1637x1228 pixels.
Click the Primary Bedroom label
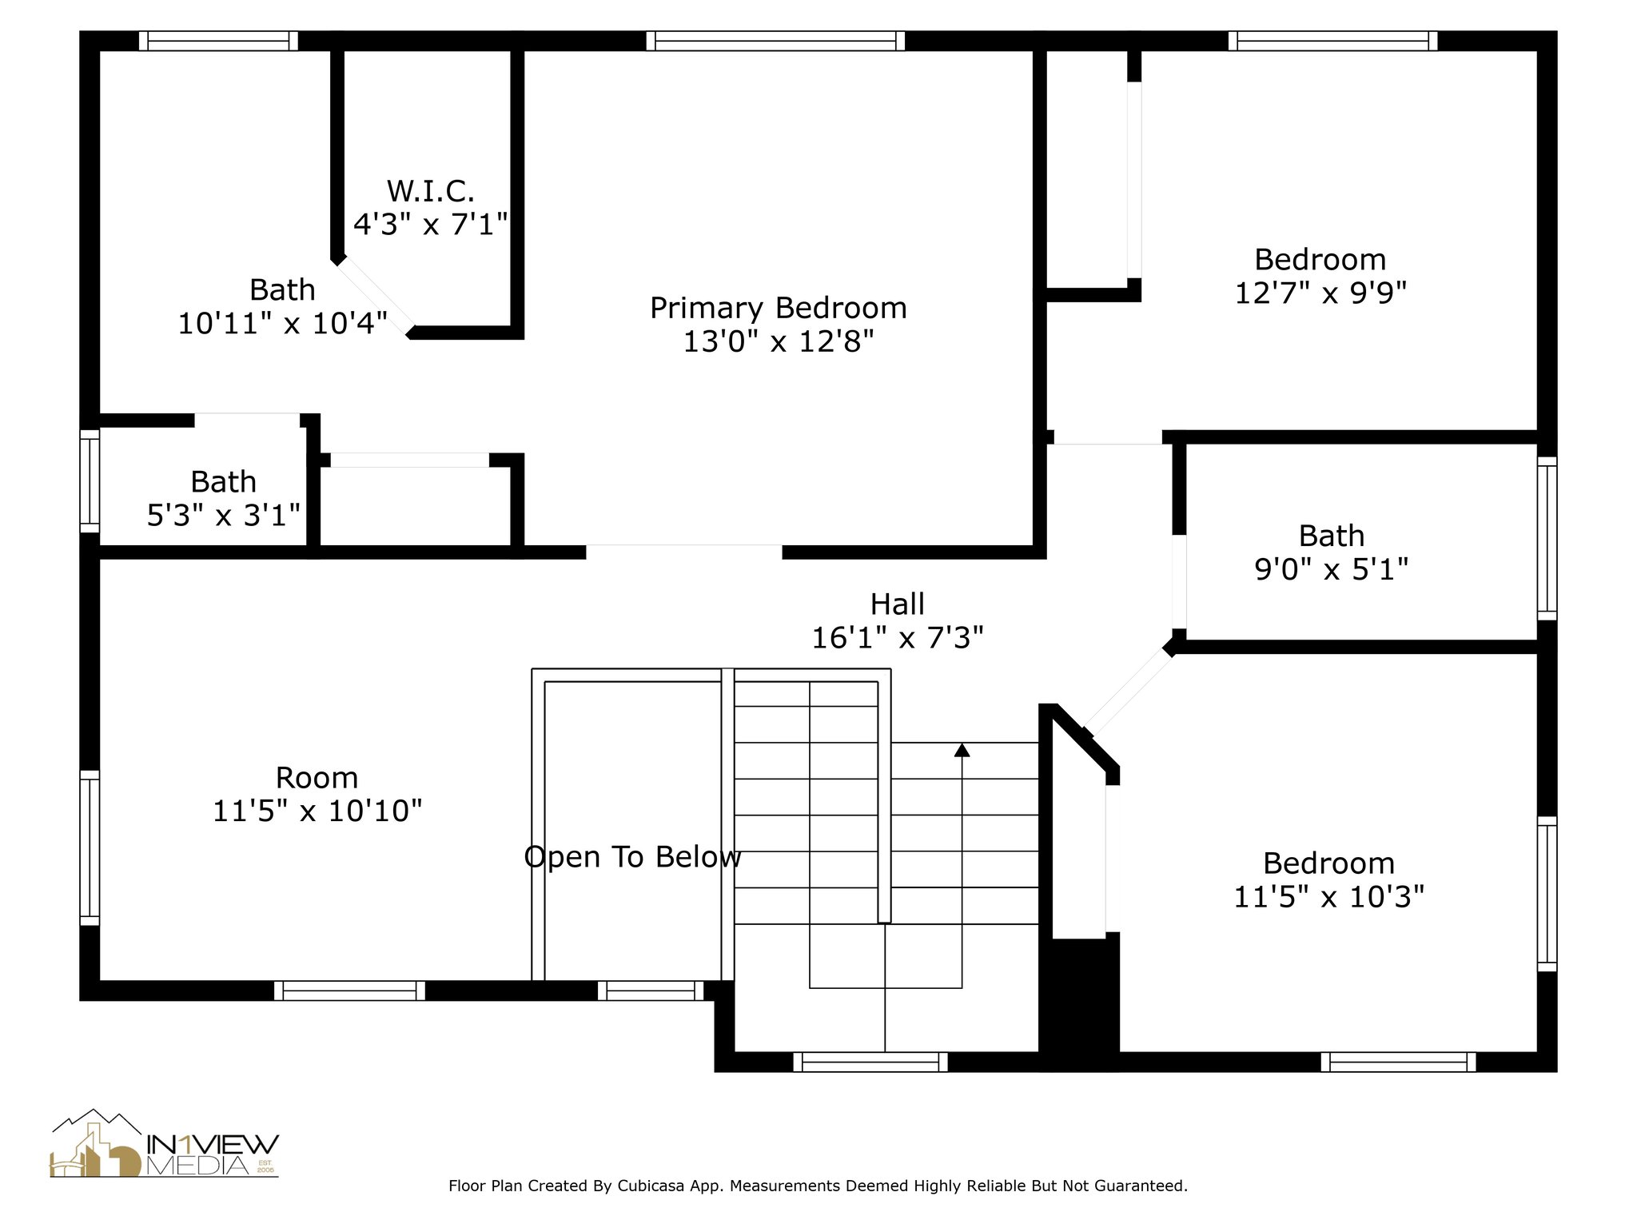coord(778,308)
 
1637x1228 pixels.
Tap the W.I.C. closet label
coord(431,191)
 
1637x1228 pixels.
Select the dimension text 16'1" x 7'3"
coord(898,638)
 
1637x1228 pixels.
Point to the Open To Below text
coord(632,857)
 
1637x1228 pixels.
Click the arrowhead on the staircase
coord(962,750)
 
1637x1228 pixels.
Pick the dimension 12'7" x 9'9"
coord(1320,293)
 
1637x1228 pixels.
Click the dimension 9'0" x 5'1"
coord(1331,569)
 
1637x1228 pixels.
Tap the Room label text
coord(317,777)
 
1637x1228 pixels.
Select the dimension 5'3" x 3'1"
coord(224,516)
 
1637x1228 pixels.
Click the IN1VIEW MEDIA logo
coord(165,1142)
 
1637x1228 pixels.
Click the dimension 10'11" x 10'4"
coord(282,324)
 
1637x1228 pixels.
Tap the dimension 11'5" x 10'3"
coord(1329,897)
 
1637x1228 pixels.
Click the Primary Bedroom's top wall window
coord(775,41)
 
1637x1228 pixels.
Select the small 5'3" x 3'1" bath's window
coord(90,480)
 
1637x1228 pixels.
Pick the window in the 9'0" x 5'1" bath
coord(1547,538)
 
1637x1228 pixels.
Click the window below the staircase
coord(870,1062)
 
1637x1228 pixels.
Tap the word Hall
coord(898,604)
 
